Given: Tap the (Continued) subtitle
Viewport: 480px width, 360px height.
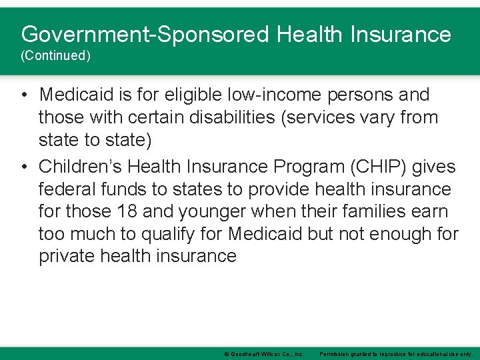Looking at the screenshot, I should pos(55,56).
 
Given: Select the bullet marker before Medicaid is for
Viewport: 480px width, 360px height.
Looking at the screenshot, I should pos(23,95).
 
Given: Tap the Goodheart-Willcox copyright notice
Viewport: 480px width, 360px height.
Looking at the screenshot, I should pos(264,354).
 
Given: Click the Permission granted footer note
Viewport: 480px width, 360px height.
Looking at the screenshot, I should pos(397,354).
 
